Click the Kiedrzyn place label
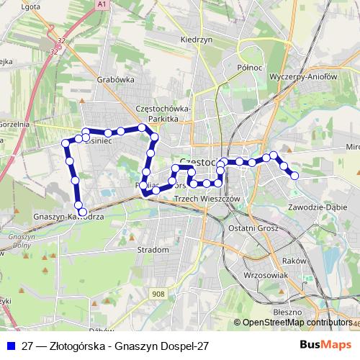(x=196, y=40)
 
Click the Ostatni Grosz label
(x=249, y=228)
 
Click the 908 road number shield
(x=159, y=293)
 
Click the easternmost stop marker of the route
(x=294, y=175)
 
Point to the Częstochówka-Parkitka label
(x=163, y=113)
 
